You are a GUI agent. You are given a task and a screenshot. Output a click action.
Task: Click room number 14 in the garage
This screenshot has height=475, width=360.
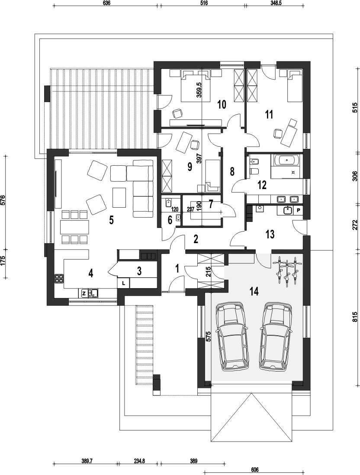tap(254, 292)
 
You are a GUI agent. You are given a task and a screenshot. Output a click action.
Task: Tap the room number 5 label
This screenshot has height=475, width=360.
tap(111, 221)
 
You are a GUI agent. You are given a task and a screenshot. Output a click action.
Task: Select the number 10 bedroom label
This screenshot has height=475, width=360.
tap(222, 105)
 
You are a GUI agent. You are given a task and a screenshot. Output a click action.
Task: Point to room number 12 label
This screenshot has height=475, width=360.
tap(262, 185)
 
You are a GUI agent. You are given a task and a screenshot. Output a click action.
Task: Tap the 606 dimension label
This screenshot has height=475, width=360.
tap(255, 470)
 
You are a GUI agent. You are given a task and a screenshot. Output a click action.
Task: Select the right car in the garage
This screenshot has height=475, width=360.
tap(276, 336)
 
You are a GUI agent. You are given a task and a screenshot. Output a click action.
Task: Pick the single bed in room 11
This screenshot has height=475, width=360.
tap(294, 85)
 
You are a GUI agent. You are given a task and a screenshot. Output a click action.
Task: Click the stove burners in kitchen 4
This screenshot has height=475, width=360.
tap(59, 279)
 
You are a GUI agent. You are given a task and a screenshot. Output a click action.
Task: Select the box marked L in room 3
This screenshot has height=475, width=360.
tap(123, 283)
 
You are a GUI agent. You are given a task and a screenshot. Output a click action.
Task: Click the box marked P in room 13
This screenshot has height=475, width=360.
tap(298, 210)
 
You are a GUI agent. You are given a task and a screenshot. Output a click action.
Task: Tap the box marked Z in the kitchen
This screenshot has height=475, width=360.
tap(84, 293)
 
